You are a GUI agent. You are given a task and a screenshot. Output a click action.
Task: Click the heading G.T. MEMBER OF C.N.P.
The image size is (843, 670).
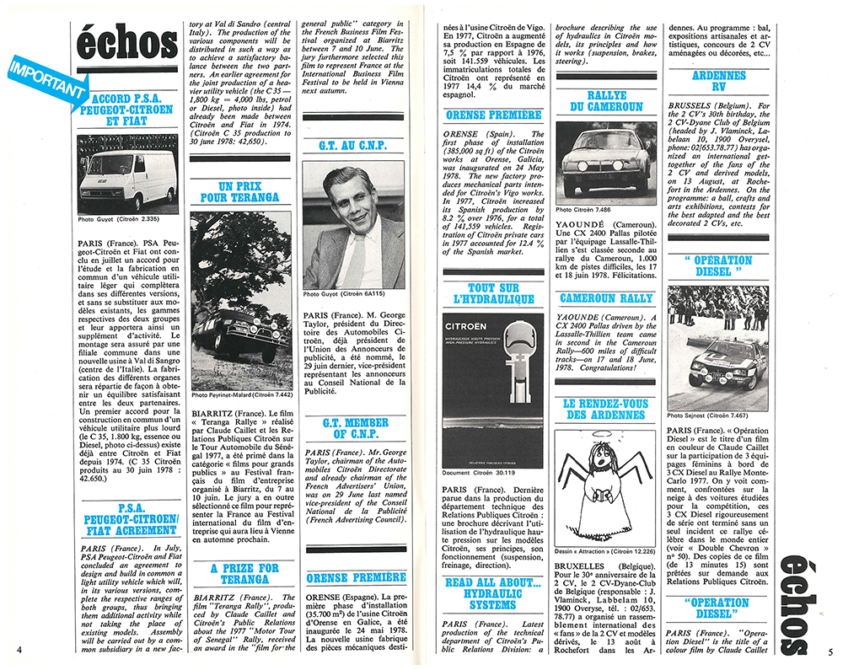(353, 427)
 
